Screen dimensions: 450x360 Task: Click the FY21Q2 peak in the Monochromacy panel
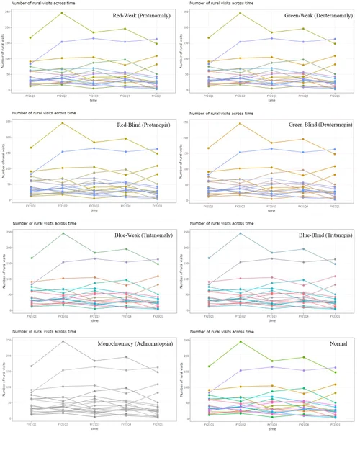pos(62,341)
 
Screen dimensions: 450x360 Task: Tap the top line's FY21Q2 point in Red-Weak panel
pos(62,13)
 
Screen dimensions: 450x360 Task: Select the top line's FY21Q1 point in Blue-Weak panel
pos(30,258)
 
